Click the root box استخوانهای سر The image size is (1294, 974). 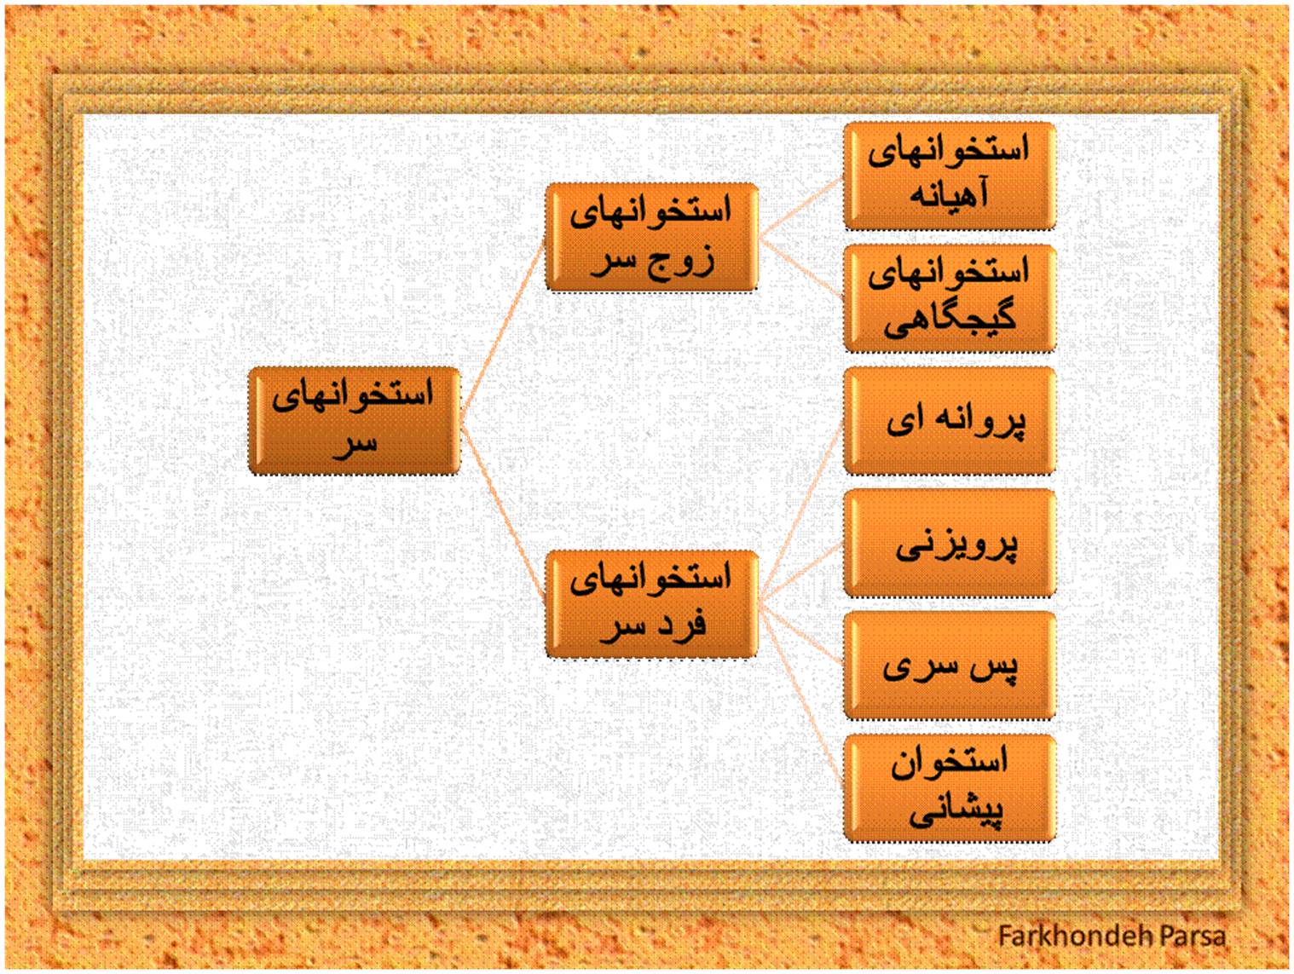pos(354,421)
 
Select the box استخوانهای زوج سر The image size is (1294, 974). pos(651,237)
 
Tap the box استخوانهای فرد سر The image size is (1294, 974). pos(651,604)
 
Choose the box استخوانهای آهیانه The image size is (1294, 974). pos(949,176)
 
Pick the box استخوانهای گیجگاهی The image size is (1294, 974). pos(949,298)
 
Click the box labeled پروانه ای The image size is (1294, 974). pos(949,421)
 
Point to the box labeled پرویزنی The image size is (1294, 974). pos(949,543)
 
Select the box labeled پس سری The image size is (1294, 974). pos(949,666)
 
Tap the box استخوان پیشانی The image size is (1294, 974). pos(949,787)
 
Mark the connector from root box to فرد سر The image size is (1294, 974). pos(503,513)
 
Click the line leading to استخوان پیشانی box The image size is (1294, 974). pos(800,696)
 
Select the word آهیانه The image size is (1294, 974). pos(949,194)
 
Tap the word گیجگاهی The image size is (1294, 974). pos(949,319)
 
